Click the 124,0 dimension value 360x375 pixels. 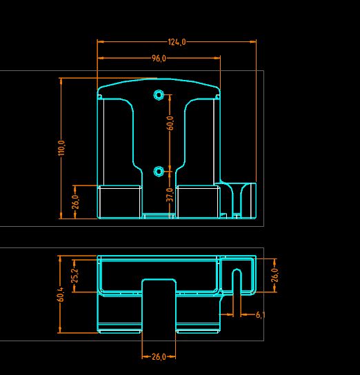pyautogui.click(x=177, y=42)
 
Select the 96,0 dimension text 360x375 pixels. pyautogui.click(x=159, y=59)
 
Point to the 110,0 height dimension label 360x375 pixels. pyautogui.click(x=61, y=148)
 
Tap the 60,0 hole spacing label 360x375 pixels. pyautogui.click(x=170, y=123)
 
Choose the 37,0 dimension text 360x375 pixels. pyautogui.click(x=170, y=194)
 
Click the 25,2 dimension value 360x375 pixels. pyautogui.click(x=75, y=276)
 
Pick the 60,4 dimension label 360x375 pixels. pyautogui.click(x=61, y=294)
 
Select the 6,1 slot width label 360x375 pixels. pyautogui.click(x=260, y=315)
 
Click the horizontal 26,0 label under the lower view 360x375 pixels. pyautogui.click(x=159, y=357)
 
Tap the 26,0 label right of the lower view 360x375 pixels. pyautogui.click(x=275, y=275)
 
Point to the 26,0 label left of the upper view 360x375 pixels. pyautogui.click(x=75, y=202)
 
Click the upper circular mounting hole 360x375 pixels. pyautogui.click(x=159, y=95)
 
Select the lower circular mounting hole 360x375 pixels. pyautogui.click(x=159, y=171)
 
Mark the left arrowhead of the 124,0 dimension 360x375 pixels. pyautogui.click(x=101, y=41)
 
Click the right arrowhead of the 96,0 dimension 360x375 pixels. pyautogui.click(x=217, y=58)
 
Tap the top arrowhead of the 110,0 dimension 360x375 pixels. pyautogui.click(x=61, y=81)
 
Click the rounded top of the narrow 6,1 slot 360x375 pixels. pyautogui.click(x=237, y=270)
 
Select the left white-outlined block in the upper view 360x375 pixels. pyautogui.click(x=119, y=201)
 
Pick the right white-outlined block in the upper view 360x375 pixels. pyautogui.click(x=198, y=201)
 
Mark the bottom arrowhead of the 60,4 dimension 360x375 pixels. pyautogui.click(x=59, y=330)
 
